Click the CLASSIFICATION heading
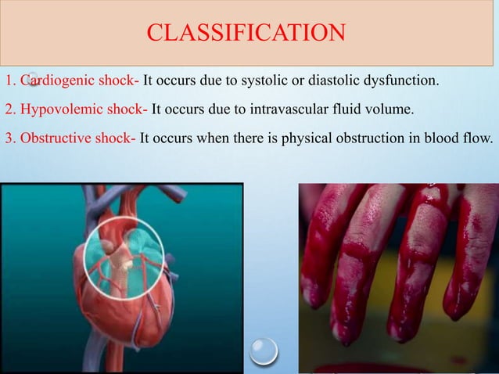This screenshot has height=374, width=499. (x=246, y=33)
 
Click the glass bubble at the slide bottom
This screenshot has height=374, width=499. (x=263, y=350)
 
